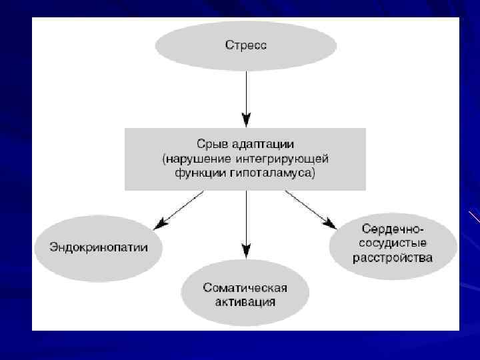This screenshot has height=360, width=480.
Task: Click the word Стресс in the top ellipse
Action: pos(246,46)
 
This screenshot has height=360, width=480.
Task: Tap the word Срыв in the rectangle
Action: pos(210,144)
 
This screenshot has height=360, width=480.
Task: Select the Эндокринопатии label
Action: pos(99,247)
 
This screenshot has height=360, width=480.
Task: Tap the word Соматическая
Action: pos(245,288)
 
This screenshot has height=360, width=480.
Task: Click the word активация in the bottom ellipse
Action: pos(245,301)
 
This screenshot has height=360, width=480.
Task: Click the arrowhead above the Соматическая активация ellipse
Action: pos(246,251)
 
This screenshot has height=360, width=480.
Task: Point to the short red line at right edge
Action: pos(474,217)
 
